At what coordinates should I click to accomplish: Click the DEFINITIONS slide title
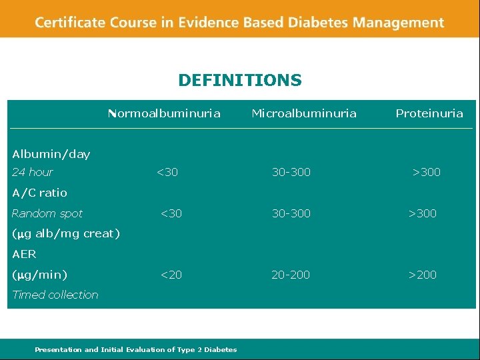(240, 81)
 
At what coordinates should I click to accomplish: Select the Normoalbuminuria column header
(164, 113)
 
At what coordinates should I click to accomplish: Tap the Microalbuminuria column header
(303, 113)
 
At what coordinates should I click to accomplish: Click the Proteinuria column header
(429, 113)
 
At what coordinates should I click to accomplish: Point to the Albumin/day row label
(51, 154)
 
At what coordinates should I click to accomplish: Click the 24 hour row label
(33, 172)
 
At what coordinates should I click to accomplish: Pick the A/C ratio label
(40, 193)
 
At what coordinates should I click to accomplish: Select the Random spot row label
(47, 213)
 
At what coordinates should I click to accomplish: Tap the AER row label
(25, 254)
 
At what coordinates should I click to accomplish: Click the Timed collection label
(55, 295)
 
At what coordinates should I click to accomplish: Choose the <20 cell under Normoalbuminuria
(171, 275)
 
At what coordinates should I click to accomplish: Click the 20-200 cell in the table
(291, 275)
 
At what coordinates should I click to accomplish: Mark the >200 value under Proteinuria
(423, 275)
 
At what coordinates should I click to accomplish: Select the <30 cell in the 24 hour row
(167, 172)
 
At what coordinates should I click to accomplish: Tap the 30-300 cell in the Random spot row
(291, 213)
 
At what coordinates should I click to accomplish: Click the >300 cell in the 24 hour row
(427, 172)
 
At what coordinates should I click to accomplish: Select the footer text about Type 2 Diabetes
(135, 349)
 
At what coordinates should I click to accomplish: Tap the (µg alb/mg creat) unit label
(66, 233)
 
